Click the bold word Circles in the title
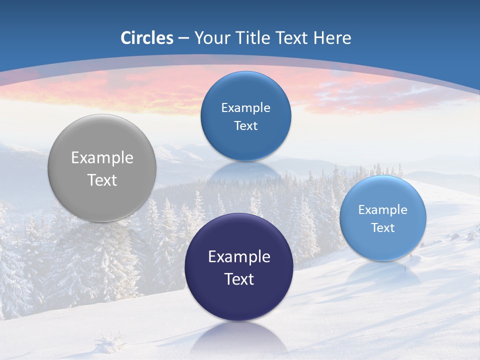click(147, 38)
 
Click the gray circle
click(102, 168)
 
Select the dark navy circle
click(238, 267)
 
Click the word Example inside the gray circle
click(102, 157)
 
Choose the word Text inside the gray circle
click(102, 180)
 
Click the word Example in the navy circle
click(239, 256)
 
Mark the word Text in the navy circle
click(239, 279)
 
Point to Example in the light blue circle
click(383, 210)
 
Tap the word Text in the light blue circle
click(383, 228)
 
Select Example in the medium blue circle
click(245, 108)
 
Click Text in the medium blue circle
click(245, 126)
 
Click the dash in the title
click(183, 38)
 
